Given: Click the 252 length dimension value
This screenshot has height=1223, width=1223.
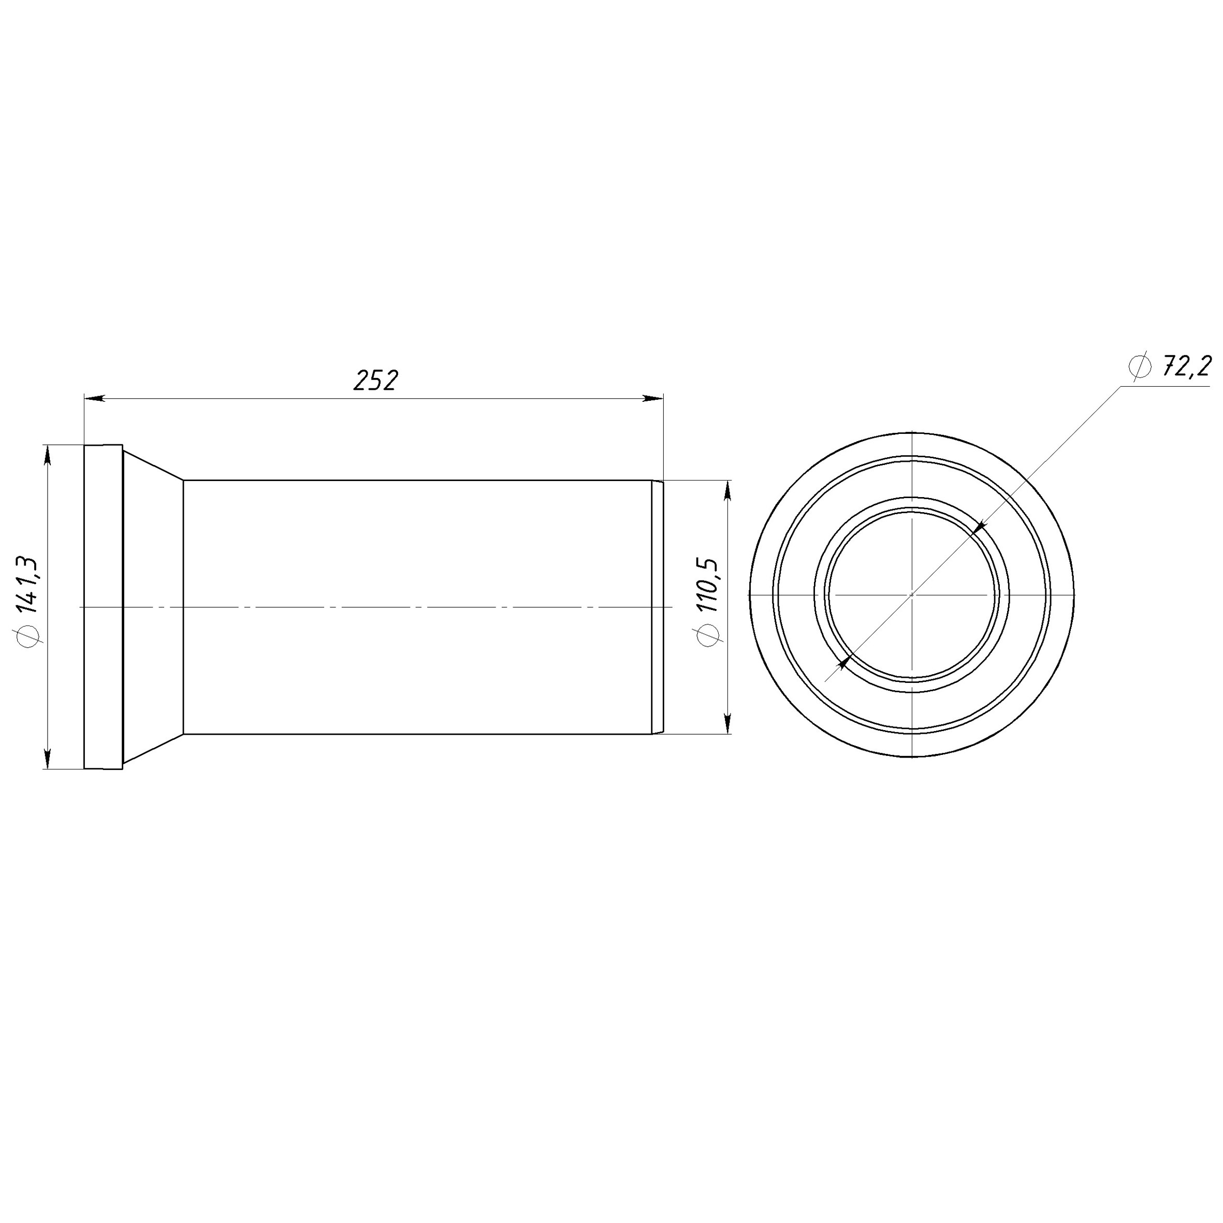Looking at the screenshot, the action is click(376, 381).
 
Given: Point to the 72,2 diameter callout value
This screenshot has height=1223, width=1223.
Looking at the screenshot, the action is click(1186, 367).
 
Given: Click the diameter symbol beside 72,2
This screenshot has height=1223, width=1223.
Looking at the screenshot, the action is click(1140, 367).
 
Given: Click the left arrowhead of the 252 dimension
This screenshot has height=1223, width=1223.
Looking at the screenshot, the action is click(95, 399).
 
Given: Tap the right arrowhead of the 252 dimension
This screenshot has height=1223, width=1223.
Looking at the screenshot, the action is click(652, 398).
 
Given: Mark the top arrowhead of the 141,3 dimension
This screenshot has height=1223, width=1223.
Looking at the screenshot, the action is click(47, 456).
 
